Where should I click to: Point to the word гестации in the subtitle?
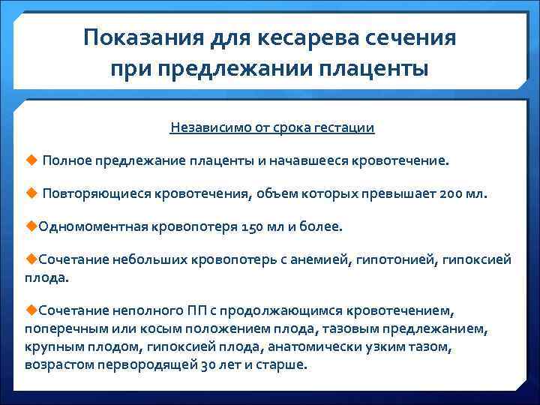(x=346, y=127)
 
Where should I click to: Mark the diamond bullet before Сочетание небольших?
(x=30, y=258)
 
